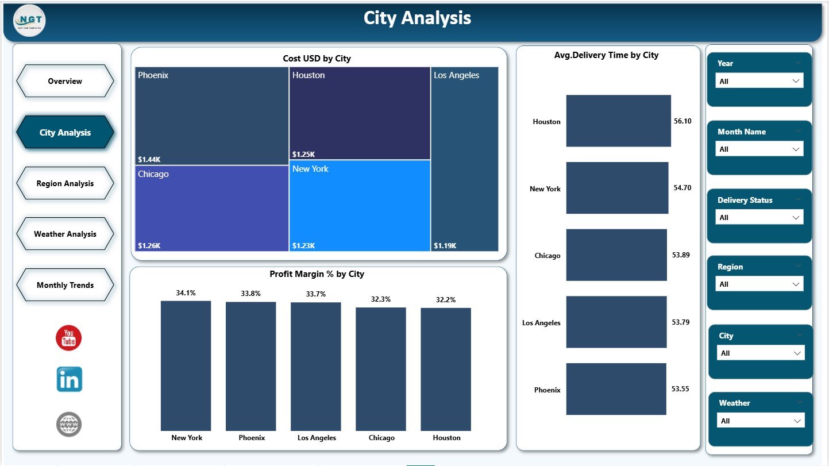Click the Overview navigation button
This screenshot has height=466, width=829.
pos(65,81)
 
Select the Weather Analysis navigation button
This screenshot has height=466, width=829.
pos(65,234)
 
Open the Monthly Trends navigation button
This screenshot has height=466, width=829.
pos(65,285)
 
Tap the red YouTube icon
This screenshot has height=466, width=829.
pos(69,338)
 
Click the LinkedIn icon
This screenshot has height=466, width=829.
pos(69,380)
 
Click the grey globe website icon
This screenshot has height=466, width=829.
pos(69,425)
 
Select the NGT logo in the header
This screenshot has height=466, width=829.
pos(29,20)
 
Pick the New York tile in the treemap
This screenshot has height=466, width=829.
pos(360,205)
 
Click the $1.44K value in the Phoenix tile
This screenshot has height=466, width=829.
pos(148,159)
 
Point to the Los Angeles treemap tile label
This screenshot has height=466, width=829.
pos(456,75)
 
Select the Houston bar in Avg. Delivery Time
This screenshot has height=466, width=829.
pos(618,121)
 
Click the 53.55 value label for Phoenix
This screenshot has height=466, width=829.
pos(681,389)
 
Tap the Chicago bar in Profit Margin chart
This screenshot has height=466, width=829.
pos(381,368)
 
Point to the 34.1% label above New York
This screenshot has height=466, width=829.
pos(186,293)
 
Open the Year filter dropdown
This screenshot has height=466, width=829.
pos(759,81)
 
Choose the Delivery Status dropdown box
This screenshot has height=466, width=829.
pos(759,217)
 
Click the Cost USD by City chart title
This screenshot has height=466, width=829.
pos(317,59)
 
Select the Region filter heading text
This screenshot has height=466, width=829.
pos(730,267)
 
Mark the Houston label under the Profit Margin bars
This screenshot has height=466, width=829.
pos(446,438)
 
